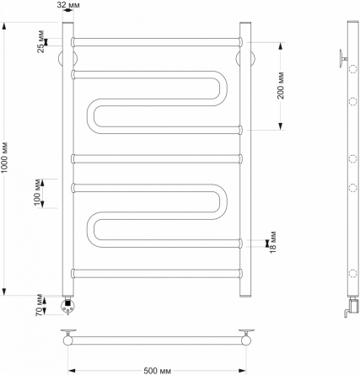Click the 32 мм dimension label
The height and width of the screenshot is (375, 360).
tap(68, 5)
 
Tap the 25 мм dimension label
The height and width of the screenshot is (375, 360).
tap(41, 41)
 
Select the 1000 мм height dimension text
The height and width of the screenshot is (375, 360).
tap(4, 158)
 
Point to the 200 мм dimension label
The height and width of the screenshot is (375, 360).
tap(281, 86)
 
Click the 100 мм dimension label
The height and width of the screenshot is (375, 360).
tap(37, 192)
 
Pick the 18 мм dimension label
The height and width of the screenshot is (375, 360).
tap(273, 242)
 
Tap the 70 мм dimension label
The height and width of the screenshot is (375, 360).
tap(40, 305)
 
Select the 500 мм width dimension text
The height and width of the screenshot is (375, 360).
tap(158, 371)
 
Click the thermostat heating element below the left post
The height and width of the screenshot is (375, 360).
tap(68, 305)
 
